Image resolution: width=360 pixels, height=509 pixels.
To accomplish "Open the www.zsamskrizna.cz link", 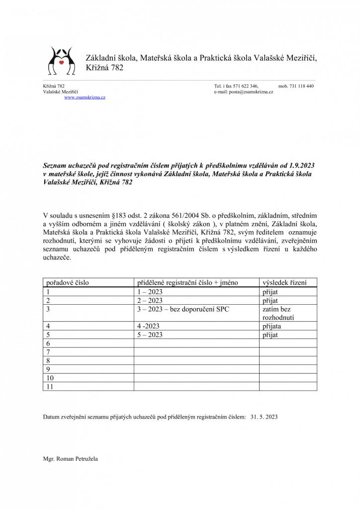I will tap(85, 98).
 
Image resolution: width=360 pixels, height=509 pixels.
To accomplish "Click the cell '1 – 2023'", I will tap(150, 292).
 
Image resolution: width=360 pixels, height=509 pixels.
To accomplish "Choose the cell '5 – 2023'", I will tap(150, 335).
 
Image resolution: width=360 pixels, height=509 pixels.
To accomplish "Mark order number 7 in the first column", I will tap(48, 352).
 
